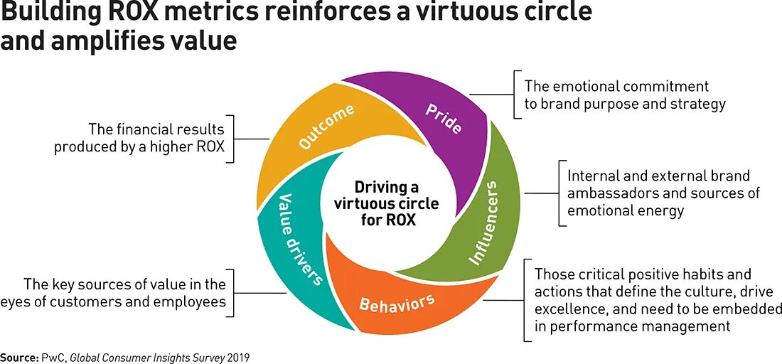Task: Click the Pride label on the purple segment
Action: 444,119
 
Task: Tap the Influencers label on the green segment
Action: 487,223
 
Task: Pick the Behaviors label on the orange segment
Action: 397,304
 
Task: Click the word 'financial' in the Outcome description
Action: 147,130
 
